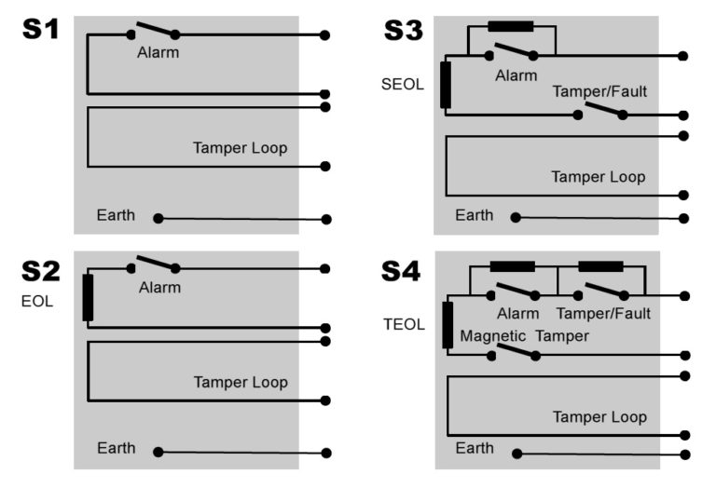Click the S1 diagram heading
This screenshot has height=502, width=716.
(40, 31)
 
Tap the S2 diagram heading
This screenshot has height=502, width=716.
(41, 271)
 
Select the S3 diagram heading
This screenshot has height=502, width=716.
(403, 31)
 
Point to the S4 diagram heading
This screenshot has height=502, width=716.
(401, 271)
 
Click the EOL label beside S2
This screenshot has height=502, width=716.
(37, 302)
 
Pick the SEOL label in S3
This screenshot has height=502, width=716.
(402, 85)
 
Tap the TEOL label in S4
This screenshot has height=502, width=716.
(404, 325)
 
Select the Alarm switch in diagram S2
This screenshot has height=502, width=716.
(153, 265)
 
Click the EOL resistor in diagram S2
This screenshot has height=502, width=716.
(88, 297)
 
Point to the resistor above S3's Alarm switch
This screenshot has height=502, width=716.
(511, 26)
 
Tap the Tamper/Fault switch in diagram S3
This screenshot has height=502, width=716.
(600, 112)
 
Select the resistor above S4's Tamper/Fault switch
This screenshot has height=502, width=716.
(600, 266)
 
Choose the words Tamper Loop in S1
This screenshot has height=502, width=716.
(240, 147)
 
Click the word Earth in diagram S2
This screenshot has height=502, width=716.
(117, 448)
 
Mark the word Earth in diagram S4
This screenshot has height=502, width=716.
(475, 448)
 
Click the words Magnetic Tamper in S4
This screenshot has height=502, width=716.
(524, 335)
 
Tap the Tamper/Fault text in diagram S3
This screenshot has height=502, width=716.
(599, 91)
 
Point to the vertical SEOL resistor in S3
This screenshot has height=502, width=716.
(447, 85)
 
